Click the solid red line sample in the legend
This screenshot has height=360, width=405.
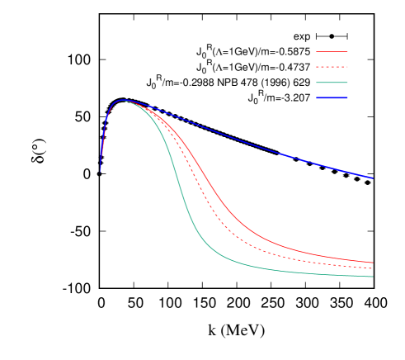click(x=332, y=51)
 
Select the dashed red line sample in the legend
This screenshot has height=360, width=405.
click(x=332, y=67)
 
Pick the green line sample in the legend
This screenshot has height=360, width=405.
click(x=332, y=83)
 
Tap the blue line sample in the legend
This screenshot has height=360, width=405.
click(x=332, y=98)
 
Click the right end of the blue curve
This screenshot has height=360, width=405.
click(x=373, y=178)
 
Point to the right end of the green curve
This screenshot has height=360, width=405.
click(x=373, y=277)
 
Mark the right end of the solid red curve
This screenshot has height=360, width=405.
click(x=373, y=263)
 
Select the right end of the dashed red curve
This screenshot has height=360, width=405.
click(x=373, y=268)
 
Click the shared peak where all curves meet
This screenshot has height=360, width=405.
click(x=124, y=100)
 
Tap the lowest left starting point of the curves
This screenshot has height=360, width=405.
click(x=101, y=171)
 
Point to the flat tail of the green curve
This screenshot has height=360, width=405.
click(x=313, y=272)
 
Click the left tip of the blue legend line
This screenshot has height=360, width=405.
click(x=317, y=98)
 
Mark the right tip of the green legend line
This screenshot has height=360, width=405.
click(x=347, y=83)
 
